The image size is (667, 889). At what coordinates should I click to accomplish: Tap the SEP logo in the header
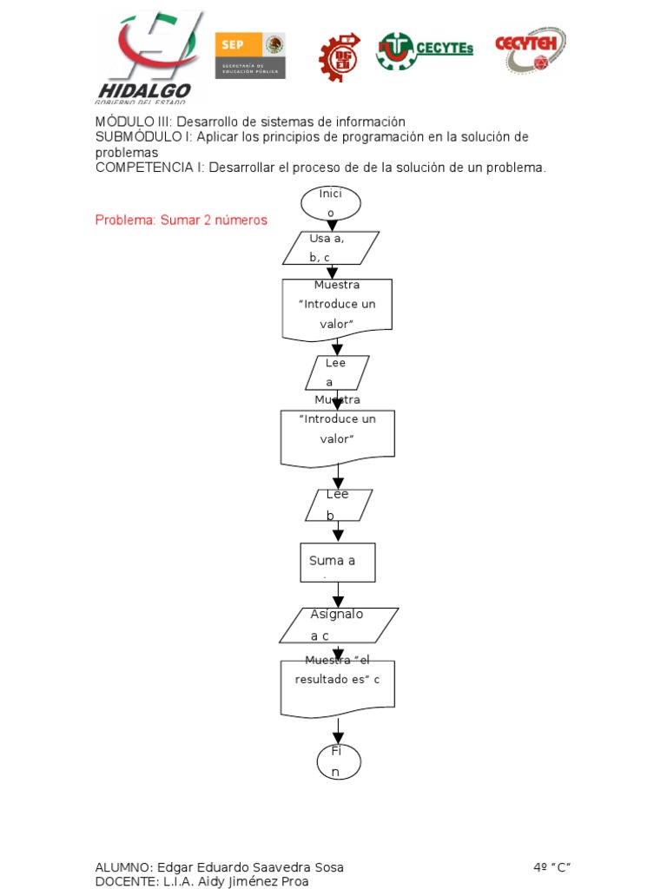click(x=250, y=55)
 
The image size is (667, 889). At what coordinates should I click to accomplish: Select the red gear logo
click(x=340, y=56)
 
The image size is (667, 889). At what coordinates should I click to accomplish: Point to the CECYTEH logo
click(x=530, y=49)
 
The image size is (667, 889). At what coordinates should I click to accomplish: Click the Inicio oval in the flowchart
click(x=331, y=203)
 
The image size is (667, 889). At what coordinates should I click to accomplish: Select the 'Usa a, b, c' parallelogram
click(x=331, y=247)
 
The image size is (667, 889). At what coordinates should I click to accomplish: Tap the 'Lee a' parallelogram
click(x=337, y=372)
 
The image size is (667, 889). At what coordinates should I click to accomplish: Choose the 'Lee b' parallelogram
click(x=339, y=505)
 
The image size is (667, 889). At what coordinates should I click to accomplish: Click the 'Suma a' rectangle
click(x=338, y=563)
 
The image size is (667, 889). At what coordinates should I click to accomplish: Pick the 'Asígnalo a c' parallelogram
click(x=339, y=625)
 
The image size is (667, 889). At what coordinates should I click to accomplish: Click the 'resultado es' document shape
click(x=338, y=688)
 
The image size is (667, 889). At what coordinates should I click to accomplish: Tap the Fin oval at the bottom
click(x=338, y=761)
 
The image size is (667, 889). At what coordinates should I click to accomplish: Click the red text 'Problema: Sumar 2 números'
click(x=181, y=221)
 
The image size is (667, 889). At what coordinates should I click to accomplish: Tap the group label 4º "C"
click(x=552, y=867)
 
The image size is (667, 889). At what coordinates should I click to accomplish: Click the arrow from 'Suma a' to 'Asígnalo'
click(x=338, y=595)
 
